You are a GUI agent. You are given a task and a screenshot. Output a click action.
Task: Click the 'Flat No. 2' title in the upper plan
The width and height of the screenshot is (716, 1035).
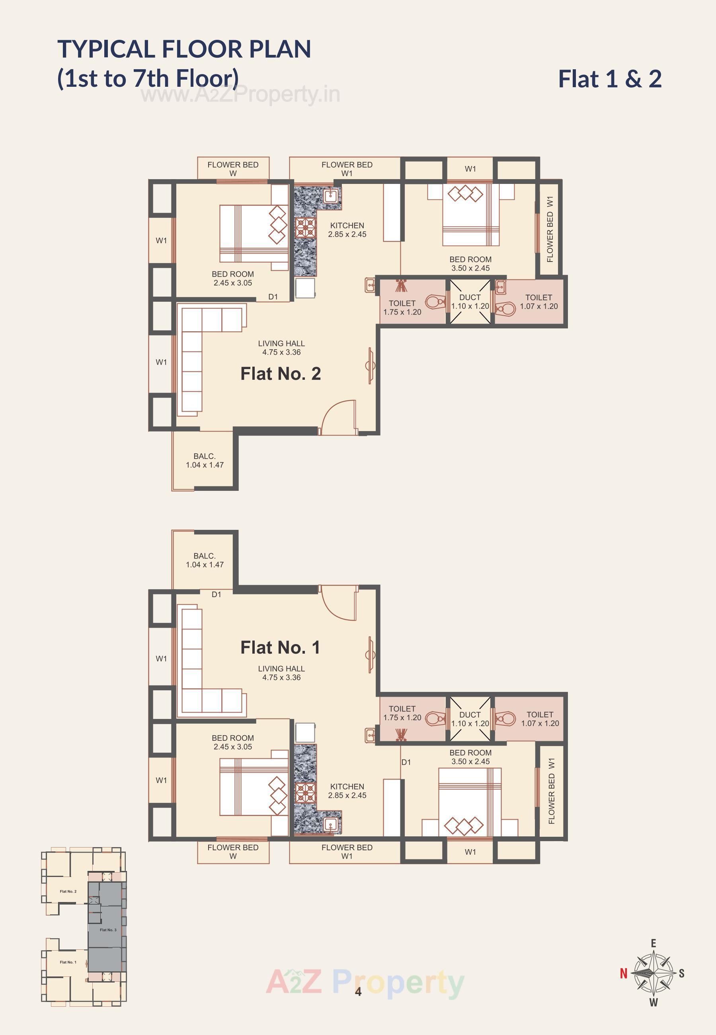pos(280,374)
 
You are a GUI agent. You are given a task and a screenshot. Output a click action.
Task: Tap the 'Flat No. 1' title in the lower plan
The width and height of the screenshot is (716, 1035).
pos(280,647)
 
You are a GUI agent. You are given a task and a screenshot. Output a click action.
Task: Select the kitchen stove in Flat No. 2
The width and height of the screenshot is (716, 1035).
pos(305,227)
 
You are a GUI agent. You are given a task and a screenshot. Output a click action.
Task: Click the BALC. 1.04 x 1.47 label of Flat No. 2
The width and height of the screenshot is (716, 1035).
pos(205,461)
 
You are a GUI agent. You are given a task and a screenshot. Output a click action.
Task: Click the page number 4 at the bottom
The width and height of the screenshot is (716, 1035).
pos(358,992)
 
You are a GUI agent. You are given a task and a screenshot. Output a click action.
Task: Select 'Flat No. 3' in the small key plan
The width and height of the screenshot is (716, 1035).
pos(108,930)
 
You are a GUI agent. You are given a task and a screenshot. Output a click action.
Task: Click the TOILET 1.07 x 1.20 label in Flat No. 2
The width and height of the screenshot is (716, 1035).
pos(538,302)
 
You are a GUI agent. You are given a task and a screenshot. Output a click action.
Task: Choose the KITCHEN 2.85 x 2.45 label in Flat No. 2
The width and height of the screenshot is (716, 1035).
pos(347,230)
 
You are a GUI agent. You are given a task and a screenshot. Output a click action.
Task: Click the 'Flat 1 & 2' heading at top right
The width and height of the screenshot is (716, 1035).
pos(609,79)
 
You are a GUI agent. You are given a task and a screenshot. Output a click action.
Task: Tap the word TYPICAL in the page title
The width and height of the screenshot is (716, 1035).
pos(106,49)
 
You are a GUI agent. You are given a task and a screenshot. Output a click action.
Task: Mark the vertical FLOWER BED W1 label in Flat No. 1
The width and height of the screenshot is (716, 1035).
pos(551,791)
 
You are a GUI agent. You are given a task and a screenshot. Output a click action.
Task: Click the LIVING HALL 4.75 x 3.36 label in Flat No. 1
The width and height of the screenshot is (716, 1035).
pos(281,673)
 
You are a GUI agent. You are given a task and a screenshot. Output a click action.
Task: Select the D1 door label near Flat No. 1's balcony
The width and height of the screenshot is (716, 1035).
pos(216,594)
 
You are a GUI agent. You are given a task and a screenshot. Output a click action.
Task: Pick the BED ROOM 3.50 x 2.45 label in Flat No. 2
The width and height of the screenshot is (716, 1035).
pos(470,264)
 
